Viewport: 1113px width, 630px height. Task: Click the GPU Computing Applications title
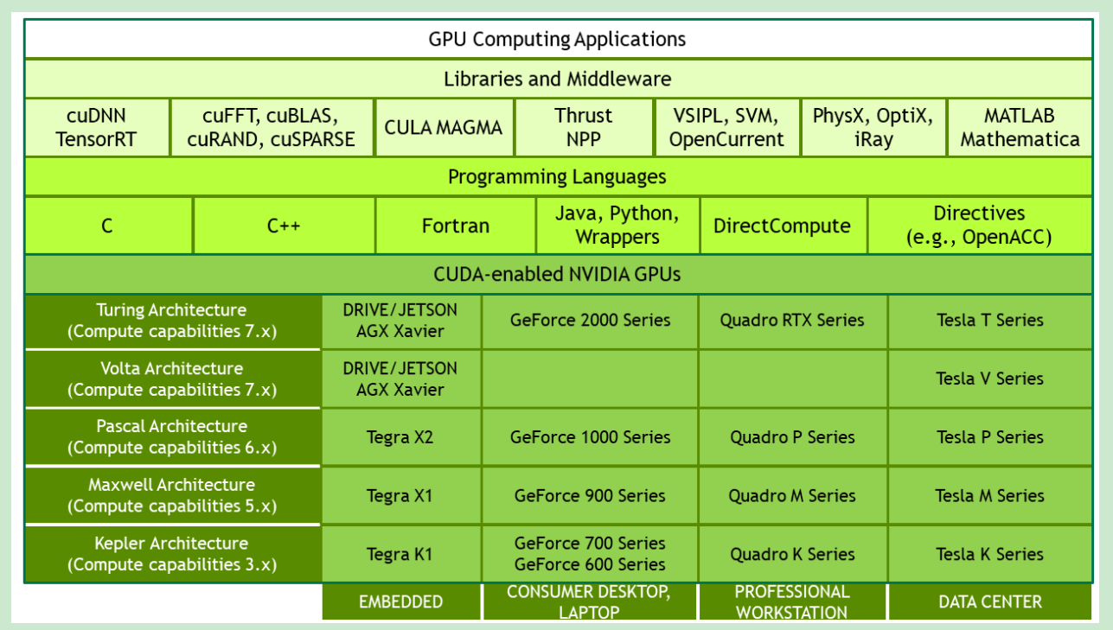click(557, 39)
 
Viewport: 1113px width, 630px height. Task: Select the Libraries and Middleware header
click(557, 79)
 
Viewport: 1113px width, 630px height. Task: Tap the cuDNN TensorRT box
click(97, 127)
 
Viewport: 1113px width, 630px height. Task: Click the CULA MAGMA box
click(444, 128)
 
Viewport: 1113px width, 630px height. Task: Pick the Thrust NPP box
click(583, 127)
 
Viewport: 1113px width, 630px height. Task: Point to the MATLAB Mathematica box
click(1020, 127)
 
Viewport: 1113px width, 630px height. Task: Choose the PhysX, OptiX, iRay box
click(873, 127)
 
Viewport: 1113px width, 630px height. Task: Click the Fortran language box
click(456, 226)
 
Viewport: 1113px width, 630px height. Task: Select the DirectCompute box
click(782, 226)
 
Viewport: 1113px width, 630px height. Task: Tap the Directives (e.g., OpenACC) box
click(979, 226)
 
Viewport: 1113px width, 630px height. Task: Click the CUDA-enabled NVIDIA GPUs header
click(557, 275)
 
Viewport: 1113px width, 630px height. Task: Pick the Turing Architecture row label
click(172, 321)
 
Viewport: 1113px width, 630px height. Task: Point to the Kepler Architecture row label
click(172, 554)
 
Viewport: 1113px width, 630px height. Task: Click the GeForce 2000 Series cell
click(590, 321)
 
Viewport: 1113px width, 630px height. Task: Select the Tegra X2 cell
click(400, 437)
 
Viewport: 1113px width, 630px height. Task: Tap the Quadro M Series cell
click(792, 496)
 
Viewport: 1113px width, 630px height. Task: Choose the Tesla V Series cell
click(990, 379)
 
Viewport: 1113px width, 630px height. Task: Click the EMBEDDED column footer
click(400, 602)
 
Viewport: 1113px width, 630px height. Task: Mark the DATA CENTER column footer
click(990, 602)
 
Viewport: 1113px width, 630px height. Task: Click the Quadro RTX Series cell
click(792, 321)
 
